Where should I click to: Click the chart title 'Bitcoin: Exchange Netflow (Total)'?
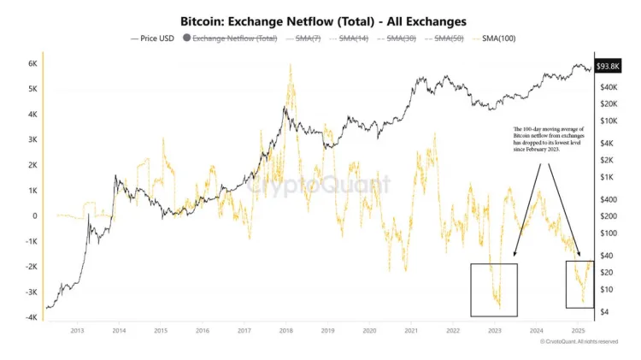pos(320,19)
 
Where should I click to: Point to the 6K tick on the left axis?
pos(32,64)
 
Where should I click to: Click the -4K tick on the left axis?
pos(30,318)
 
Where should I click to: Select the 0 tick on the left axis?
pos(35,216)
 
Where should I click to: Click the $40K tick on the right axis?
pos(609,88)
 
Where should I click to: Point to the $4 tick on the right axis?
pos(604,312)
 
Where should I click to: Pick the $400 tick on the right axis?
pos(609,199)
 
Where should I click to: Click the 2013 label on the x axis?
pos(77,329)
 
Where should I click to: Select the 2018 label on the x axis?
pos(285,329)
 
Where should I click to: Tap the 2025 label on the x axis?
pos(578,329)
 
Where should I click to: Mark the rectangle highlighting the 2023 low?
pos(494,290)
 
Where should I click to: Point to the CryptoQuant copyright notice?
pos(579,341)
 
